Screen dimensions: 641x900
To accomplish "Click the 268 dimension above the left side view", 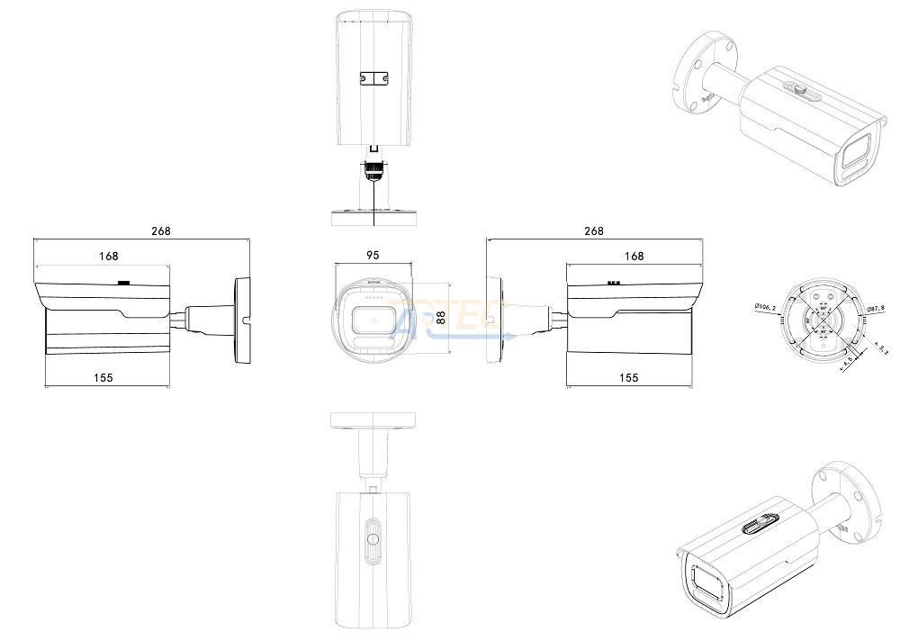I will (x=160, y=231).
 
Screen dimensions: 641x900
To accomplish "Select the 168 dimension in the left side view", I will (x=108, y=257).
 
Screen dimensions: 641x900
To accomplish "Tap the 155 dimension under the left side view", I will (x=103, y=378).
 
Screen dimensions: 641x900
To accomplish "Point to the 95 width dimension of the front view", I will (x=373, y=256).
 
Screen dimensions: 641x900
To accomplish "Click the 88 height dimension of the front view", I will (x=440, y=318).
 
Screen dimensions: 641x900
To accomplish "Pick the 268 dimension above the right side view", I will (x=594, y=231).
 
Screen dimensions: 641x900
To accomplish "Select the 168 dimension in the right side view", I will (x=634, y=257).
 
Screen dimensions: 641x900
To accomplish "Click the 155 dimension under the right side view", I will (x=629, y=378).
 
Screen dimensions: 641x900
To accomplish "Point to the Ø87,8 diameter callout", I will (x=875, y=309).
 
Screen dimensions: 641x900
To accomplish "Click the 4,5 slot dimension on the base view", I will (x=845, y=363).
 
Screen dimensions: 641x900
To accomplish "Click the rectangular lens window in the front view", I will (x=373, y=318).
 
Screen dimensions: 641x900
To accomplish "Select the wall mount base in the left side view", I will (x=241, y=321).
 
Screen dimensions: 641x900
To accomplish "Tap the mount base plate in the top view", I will (x=373, y=217).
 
